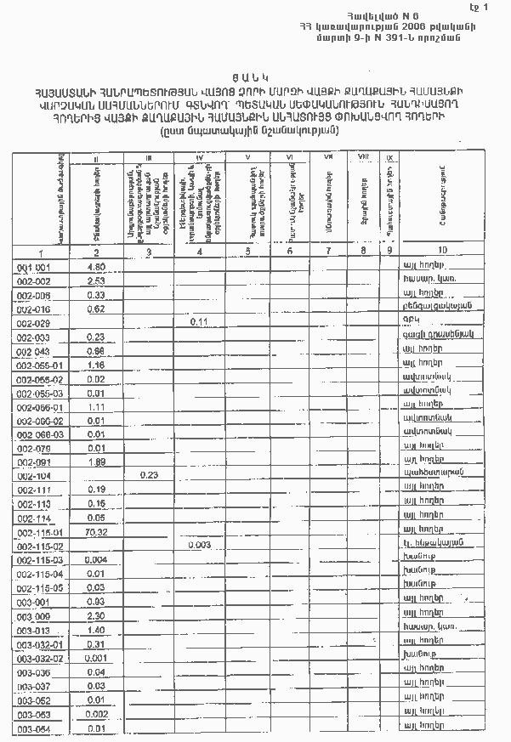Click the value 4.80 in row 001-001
(96, 267)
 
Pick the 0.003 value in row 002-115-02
(200, 545)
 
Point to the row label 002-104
(34, 477)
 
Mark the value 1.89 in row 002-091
(96, 462)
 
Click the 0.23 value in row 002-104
(150, 475)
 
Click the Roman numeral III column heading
(149, 157)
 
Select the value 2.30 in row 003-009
(96, 615)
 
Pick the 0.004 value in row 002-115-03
(96, 560)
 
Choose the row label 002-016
(34, 309)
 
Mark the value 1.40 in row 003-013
(96, 630)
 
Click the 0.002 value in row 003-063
(96, 714)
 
